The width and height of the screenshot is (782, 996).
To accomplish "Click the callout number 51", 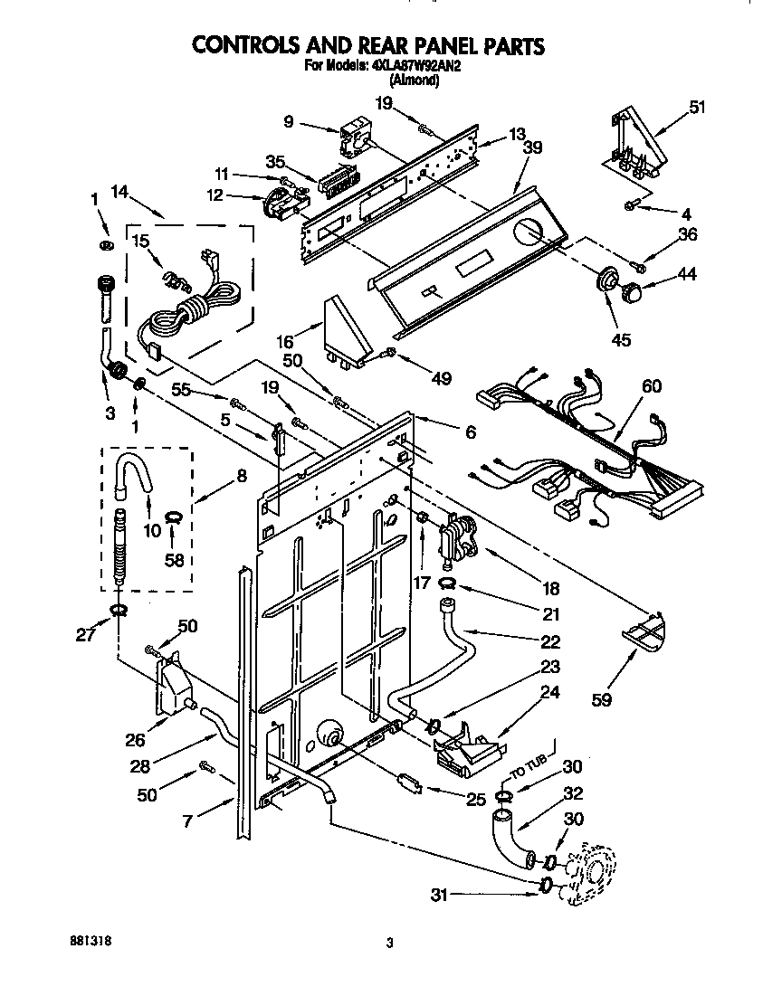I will pyautogui.click(x=696, y=107).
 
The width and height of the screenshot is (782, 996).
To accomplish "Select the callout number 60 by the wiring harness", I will pyautogui.click(x=652, y=386).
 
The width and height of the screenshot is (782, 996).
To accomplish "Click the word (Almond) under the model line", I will pyautogui.click(x=415, y=80).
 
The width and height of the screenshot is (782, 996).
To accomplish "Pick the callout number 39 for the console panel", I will pyautogui.click(x=535, y=148).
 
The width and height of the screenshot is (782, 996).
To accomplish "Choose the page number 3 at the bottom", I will pyautogui.click(x=389, y=944).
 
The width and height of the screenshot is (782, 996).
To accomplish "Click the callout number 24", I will pyautogui.click(x=549, y=695).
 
